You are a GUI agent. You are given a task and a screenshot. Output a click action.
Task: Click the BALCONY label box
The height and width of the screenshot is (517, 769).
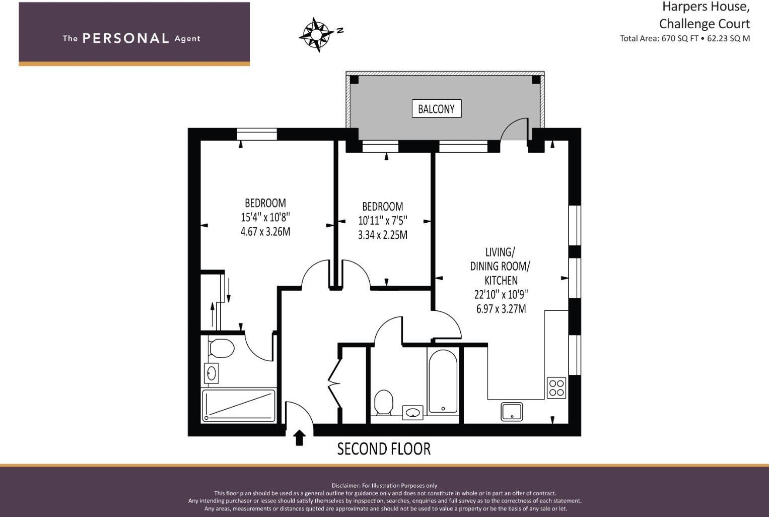tap(436, 108)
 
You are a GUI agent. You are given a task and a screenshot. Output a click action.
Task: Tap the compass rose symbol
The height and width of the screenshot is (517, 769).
tap(316, 34)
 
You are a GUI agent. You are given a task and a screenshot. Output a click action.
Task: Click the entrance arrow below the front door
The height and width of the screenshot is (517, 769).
tap(299, 438)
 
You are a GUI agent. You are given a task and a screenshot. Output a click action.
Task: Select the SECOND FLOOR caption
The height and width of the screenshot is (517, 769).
tap(383, 449)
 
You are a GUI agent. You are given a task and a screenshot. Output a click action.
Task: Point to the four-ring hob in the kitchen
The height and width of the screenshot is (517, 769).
tap(556, 388)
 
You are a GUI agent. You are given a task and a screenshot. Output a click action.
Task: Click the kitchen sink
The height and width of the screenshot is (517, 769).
tap(512, 412)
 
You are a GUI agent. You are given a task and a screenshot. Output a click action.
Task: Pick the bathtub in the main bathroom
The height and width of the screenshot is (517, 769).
tap(443, 381)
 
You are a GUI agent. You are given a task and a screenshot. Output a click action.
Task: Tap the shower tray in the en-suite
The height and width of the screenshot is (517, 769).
tap(239, 405)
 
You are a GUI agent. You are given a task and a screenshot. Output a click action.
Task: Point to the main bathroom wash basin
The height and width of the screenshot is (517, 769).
tap(412, 413)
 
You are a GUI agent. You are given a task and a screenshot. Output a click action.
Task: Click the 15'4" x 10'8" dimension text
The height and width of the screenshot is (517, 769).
tap(265, 218)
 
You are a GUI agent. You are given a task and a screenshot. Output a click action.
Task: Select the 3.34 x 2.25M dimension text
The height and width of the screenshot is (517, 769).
tap(382, 235)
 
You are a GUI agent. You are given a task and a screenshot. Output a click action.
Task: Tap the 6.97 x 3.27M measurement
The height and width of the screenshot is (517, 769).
tap(501, 309)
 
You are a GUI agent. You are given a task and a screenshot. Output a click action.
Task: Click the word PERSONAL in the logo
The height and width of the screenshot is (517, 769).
tap(126, 38)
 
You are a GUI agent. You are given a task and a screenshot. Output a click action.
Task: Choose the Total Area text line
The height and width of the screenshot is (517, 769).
tap(684, 38)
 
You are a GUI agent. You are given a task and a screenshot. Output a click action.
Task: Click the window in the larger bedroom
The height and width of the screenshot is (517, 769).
tap(257, 134)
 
